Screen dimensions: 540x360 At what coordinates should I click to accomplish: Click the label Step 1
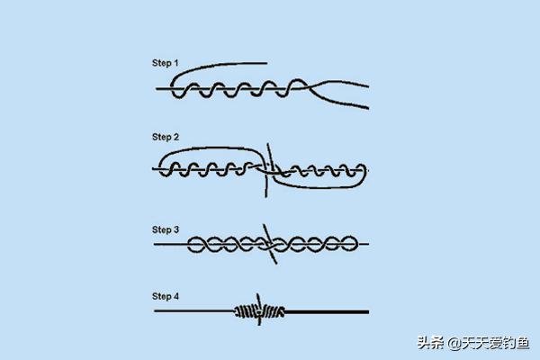(166, 63)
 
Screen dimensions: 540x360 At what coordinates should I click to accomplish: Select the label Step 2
(166, 137)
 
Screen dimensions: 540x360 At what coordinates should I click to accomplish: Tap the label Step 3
(166, 229)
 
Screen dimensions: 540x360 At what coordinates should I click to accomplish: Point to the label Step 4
(166, 296)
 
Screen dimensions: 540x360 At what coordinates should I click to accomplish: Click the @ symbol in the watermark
(454, 343)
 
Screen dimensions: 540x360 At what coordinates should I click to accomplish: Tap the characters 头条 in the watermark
(430, 343)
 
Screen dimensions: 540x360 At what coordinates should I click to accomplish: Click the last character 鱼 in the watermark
(522, 343)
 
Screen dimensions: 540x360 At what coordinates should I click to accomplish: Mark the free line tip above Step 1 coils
(266, 63)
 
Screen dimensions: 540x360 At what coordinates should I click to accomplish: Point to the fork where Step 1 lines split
(310, 87)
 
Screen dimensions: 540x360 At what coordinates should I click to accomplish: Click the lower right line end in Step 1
(368, 108)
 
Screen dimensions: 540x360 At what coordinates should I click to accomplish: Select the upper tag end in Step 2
(267, 144)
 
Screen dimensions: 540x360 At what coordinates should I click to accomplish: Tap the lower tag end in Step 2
(265, 196)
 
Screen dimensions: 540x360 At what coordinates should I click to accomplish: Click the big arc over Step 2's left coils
(210, 148)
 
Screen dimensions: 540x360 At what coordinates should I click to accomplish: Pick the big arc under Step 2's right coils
(320, 187)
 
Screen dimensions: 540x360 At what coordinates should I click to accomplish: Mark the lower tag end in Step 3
(276, 263)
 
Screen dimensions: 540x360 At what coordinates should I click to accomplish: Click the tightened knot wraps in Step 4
(260, 311)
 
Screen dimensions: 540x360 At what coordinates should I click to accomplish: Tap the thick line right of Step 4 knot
(327, 312)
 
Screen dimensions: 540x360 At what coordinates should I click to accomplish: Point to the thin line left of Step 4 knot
(194, 310)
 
